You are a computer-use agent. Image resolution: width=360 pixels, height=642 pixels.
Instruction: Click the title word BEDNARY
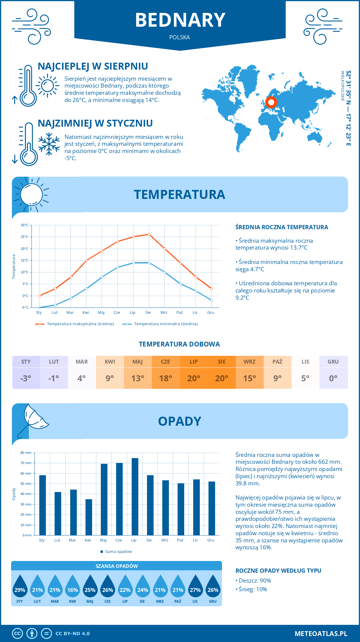(x=180, y=20)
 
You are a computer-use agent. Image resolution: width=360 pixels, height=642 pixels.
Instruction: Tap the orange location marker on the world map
(x=271, y=102)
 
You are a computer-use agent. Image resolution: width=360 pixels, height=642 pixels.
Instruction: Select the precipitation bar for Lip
(x=135, y=496)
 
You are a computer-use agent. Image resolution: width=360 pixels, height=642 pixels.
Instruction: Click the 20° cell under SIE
(x=222, y=378)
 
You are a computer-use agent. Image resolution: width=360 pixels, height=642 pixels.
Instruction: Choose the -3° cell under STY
(x=26, y=378)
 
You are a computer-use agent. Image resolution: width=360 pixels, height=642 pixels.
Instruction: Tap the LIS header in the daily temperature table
(x=305, y=361)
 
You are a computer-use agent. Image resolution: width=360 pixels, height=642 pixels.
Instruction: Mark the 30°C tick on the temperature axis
(x=25, y=225)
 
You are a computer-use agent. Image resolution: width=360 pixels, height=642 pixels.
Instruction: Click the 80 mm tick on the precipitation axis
(x=26, y=453)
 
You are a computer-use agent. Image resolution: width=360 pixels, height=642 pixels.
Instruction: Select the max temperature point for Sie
(x=149, y=234)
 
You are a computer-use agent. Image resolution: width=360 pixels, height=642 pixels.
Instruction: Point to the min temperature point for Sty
(x=40, y=307)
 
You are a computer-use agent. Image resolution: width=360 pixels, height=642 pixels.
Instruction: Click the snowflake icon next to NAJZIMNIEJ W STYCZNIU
(x=49, y=144)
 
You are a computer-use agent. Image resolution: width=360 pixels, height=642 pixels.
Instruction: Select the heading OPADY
(x=179, y=421)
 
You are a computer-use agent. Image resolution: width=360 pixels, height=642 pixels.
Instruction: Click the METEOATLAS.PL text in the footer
(x=321, y=634)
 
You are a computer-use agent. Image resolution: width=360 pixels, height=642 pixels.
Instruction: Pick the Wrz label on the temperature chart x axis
(x=164, y=313)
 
